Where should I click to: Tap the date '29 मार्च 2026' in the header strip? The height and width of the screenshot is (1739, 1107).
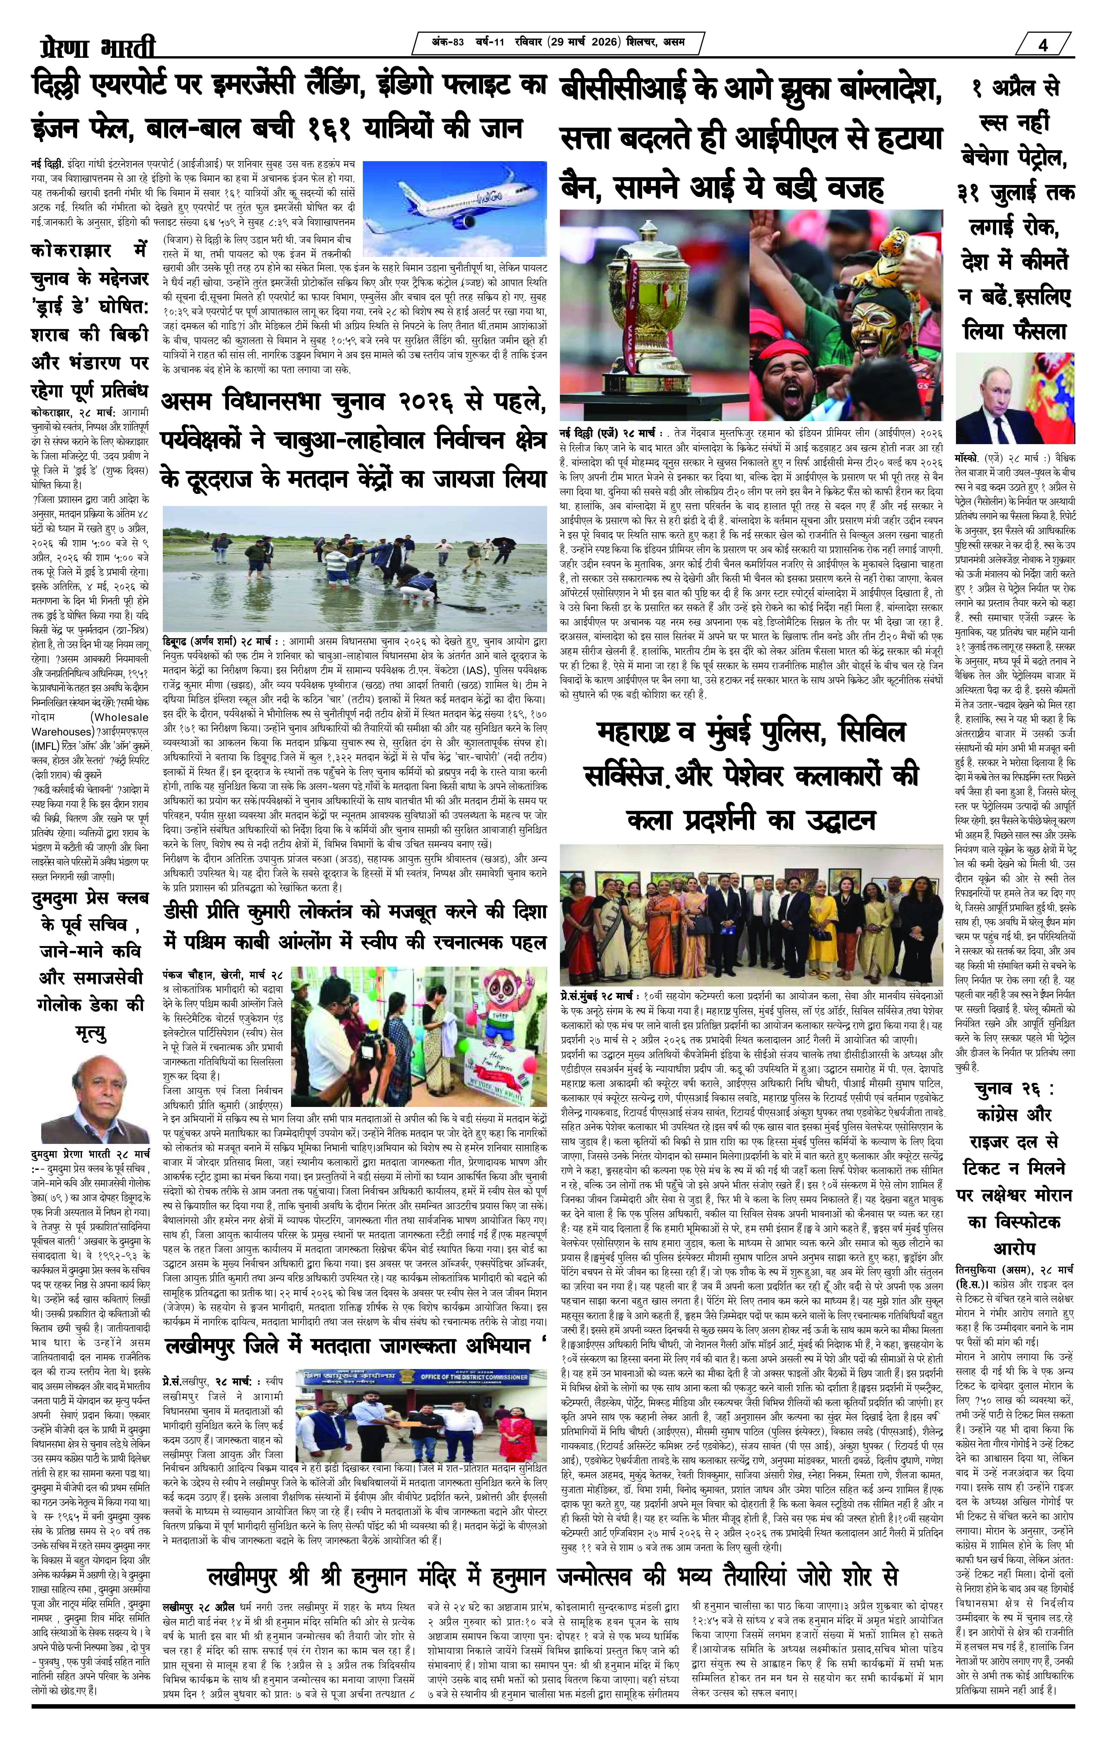pyautogui.click(x=585, y=43)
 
